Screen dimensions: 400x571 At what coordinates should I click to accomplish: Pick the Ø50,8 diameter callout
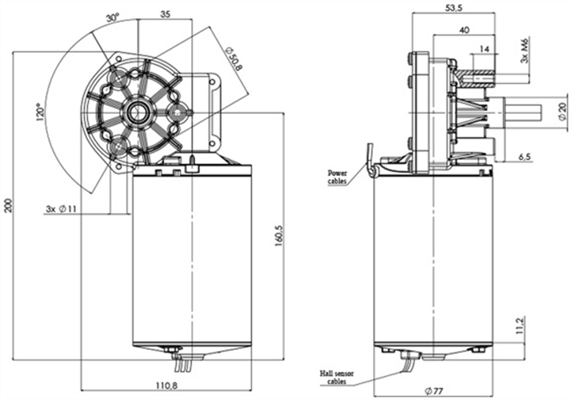pos(233,58)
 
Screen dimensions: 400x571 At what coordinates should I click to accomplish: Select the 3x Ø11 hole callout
pos(60,209)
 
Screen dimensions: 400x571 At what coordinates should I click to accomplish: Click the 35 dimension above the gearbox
pos(164,14)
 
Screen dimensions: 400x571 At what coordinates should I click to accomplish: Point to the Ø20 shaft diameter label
pos(561,111)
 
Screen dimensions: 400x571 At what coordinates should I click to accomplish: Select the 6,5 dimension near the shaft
pos(524,156)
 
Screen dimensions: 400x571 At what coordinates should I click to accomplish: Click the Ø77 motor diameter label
pos(434,391)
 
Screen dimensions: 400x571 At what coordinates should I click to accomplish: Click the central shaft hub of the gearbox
pos(140,111)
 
